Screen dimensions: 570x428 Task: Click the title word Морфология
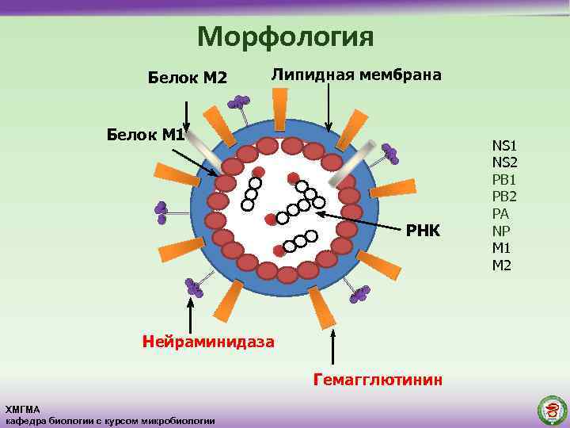coord(284,36)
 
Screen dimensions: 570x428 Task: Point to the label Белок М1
coord(146,135)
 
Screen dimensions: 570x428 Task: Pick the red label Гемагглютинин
coord(378,380)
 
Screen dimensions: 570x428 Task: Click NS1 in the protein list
coord(504,145)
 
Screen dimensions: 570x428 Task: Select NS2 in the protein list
coord(504,162)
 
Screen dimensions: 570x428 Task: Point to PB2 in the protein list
coord(504,197)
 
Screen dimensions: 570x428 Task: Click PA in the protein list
coord(500,214)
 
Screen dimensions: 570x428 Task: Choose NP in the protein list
coord(500,231)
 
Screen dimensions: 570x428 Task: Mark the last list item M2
coord(502,265)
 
